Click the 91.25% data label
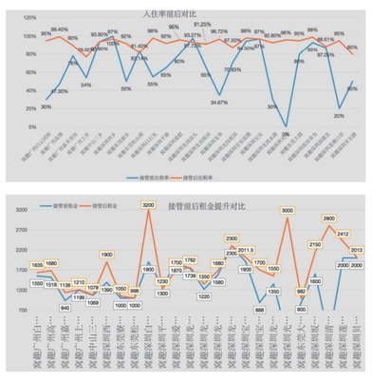coord(202,25)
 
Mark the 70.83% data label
coord(232,70)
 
